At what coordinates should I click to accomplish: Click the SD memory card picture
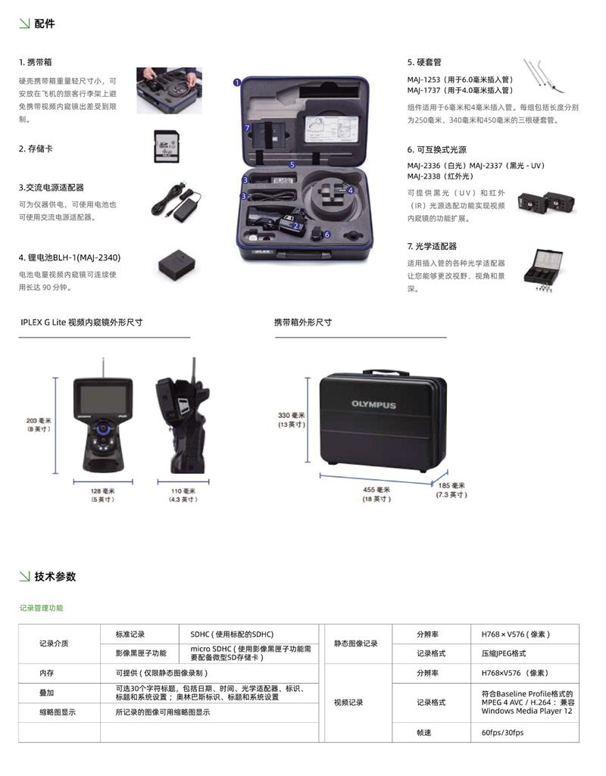(167, 146)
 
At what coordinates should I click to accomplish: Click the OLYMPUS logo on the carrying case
(373, 404)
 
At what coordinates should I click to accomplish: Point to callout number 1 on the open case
(237, 83)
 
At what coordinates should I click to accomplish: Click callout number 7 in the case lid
(248, 128)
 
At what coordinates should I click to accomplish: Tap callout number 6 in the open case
(326, 235)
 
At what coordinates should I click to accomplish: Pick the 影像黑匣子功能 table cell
(139, 653)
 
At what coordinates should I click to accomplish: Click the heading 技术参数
(55, 577)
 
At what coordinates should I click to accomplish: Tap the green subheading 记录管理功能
(42, 608)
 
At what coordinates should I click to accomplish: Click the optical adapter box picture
(542, 270)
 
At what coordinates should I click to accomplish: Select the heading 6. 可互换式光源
(436, 150)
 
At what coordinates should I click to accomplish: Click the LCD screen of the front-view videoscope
(103, 397)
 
